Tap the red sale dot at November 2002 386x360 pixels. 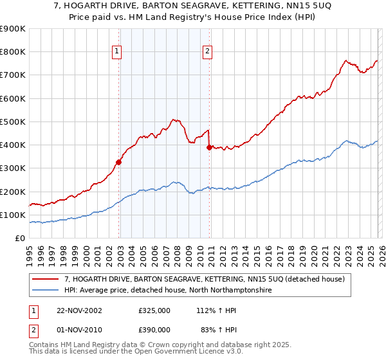(119, 163)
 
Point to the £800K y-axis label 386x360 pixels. (13, 52)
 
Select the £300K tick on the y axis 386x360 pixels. (13, 168)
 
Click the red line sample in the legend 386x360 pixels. (46, 279)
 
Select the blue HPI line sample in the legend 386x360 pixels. (46, 291)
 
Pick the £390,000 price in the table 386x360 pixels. (154, 330)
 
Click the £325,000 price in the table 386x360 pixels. (154, 310)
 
